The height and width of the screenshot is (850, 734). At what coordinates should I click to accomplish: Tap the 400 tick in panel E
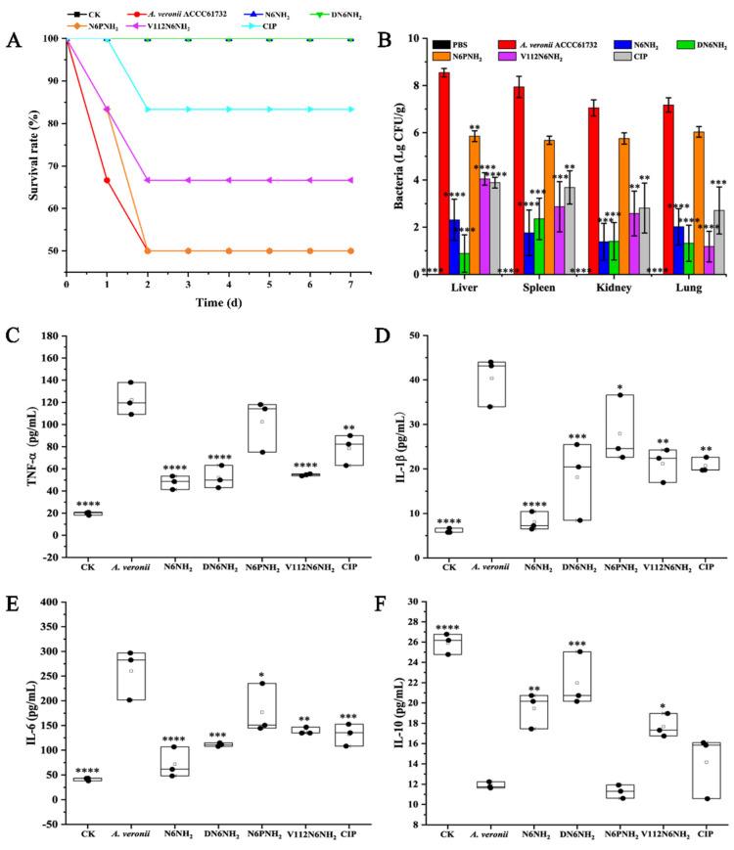tap(48, 602)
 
